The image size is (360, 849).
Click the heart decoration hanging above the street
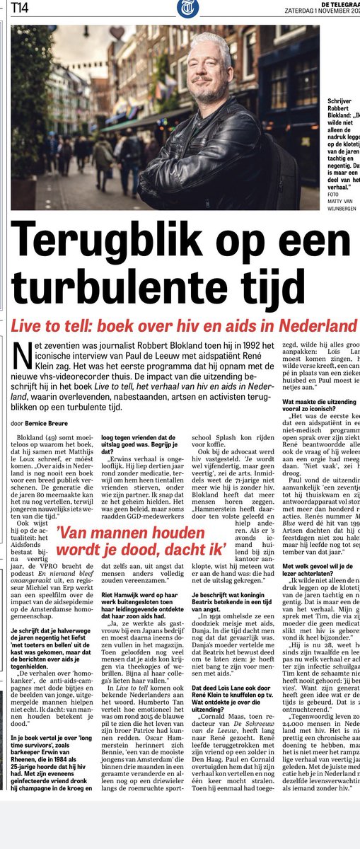pos(116,33)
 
